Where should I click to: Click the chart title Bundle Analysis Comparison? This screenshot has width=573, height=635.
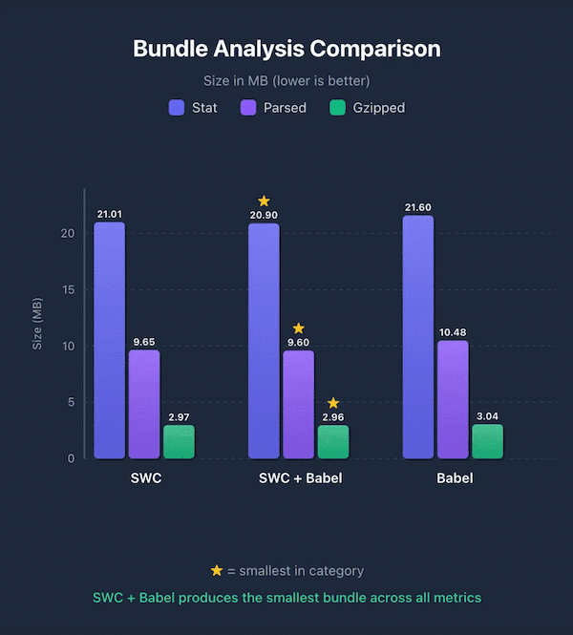click(286, 49)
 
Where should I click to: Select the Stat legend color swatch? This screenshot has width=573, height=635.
click(176, 108)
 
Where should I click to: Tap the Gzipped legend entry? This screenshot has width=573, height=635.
click(367, 108)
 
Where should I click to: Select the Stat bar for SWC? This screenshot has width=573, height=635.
click(109, 340)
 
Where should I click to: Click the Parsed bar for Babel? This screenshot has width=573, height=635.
click(453, 399)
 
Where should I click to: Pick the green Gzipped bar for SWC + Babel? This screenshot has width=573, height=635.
click(332, 441)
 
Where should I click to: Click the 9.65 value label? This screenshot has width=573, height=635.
click(143, 341)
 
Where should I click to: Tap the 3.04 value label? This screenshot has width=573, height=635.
click(487, 416)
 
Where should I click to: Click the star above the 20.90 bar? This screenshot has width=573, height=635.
click(264, 201)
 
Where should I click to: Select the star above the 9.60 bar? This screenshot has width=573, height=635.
click(298, 328)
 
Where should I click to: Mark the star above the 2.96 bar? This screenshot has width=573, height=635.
click(332, 403)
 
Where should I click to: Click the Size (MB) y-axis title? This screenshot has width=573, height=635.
click(38, 325)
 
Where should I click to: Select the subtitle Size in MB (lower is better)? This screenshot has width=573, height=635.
click(286, 81)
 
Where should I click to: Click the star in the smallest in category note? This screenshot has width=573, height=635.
click(217, 570)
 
